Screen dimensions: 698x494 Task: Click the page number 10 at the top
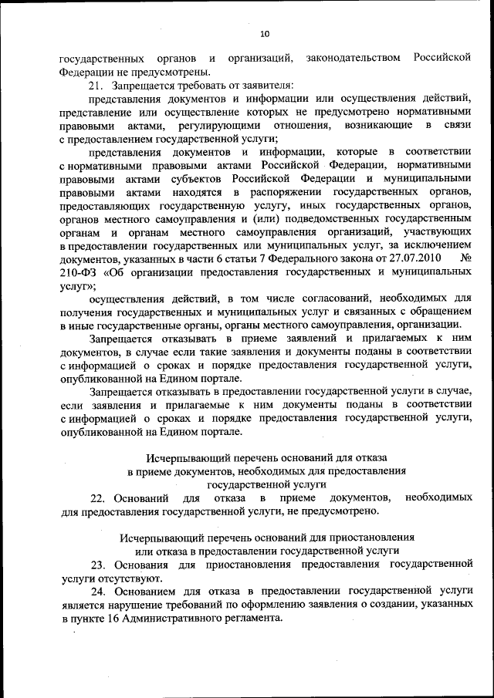pyautogui.click(x=264, y=34)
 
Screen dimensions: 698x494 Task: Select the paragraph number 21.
pyautogui.click(x=98, y=85)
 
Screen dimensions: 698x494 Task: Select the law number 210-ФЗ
pyautogui.click(x=80, y=271)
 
